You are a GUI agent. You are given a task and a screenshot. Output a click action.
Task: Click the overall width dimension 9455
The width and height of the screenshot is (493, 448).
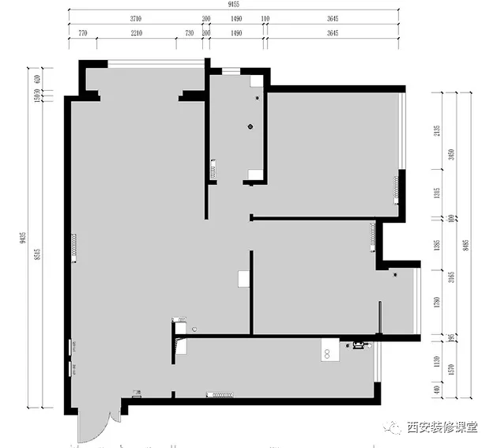[x=231, y=6]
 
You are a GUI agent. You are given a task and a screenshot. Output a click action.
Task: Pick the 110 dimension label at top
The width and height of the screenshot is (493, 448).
[x=265, y=18]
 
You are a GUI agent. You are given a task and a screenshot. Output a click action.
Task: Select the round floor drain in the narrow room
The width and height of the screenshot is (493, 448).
[x=250, y=126]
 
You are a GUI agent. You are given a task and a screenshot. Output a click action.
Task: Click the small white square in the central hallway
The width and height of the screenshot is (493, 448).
[x=243, y=279]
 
